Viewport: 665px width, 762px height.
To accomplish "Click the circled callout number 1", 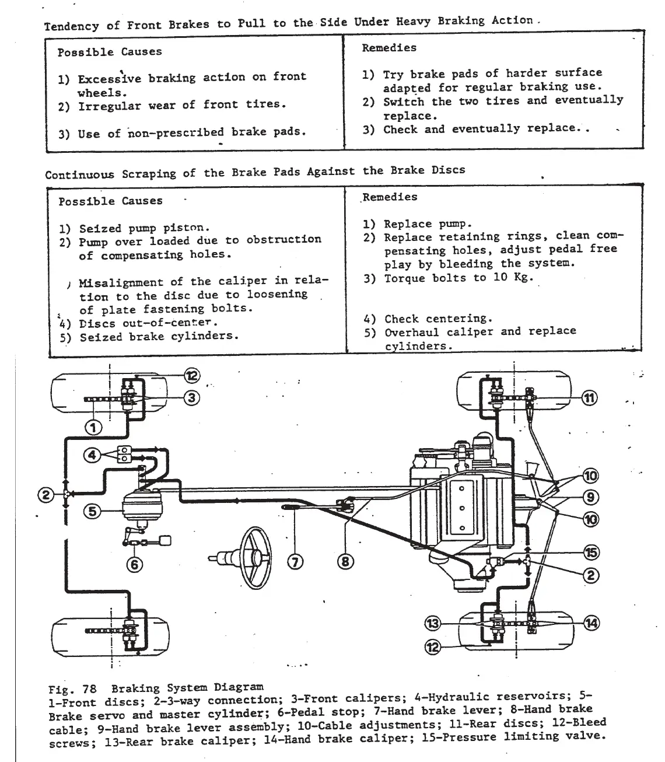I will coord(93,428).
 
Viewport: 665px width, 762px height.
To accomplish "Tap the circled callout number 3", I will coord(192,398).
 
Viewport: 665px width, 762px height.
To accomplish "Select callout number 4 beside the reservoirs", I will coord(92,455).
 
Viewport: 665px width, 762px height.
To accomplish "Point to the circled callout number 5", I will coord(92,512).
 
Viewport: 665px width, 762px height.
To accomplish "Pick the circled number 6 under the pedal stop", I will coord(135,564).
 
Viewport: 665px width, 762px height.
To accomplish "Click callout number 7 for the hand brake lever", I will coord(296,562).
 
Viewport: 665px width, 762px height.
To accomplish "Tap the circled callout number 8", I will coord(345,562).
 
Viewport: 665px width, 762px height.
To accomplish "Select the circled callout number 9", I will coord(590,497).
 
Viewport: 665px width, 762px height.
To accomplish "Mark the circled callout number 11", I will coord(590,399).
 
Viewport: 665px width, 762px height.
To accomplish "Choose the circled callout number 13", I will coord(433,624).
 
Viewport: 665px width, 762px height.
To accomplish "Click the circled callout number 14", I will coord(591,623).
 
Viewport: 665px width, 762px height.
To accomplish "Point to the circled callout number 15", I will coord(591,553).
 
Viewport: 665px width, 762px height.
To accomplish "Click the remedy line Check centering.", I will coord(437,319).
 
